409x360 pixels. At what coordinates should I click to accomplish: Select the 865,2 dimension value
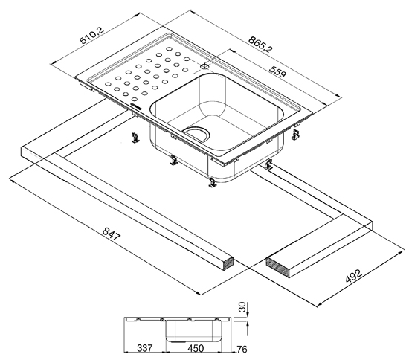[x=260, y=45]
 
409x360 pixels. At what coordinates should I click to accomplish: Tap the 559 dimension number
[x=278, y=71]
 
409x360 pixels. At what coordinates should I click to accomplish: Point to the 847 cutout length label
[x=112, y=234]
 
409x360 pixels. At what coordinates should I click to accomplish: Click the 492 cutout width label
[x=354, y=276]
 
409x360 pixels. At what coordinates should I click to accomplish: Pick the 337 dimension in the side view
[x=145, y=348]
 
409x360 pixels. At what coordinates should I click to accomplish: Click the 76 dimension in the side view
[x=241, y=349]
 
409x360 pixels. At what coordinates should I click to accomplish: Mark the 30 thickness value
[x=242, y=306]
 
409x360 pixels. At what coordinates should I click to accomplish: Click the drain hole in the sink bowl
[x=197, y=134]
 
